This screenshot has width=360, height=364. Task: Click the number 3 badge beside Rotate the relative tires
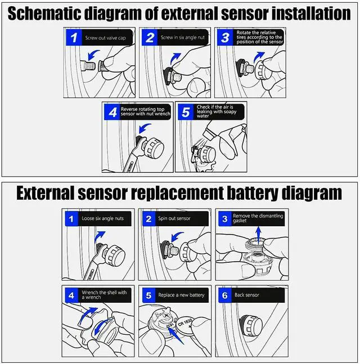(x=224, y=38)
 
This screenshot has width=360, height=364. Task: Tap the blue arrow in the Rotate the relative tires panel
(x=259, y=57)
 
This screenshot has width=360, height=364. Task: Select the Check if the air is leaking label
(x=220, y=110)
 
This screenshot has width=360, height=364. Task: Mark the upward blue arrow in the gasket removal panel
(x=258, y=233)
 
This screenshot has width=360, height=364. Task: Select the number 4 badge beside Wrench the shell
(x=71, y=295)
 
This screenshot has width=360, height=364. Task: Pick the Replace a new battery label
(x=181, y=295)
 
